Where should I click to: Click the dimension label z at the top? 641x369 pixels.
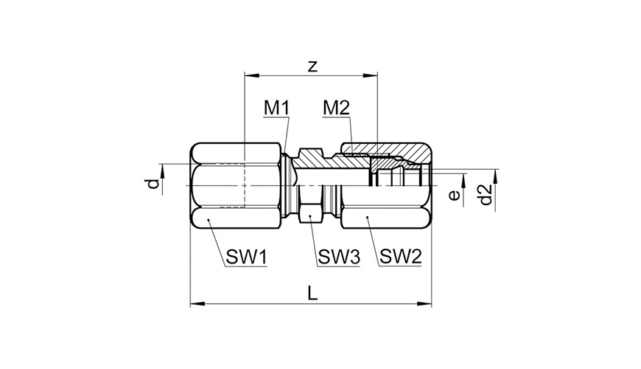coord(312,66)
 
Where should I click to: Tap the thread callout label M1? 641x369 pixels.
coord(276,108)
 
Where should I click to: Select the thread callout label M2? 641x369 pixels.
coord(336,108)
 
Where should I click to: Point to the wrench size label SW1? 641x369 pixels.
coord(247,258)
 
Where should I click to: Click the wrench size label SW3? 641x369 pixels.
coord(339,258)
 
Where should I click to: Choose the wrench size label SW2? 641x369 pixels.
coord(400,257)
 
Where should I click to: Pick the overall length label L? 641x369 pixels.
coord(312,293)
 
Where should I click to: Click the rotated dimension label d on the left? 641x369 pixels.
coord(153,184)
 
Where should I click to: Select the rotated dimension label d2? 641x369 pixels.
coord(486,195)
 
